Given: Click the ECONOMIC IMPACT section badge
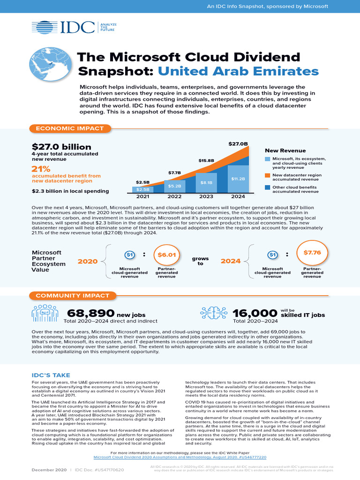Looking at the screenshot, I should click(x=70, y=128).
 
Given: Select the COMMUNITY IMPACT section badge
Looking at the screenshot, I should click(x=72, y=296).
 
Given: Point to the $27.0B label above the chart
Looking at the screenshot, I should click(x=237, y=143).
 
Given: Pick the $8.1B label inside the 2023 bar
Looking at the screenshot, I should click(x=206, y=182).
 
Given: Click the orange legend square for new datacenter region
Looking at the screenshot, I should click(x=267, y=176).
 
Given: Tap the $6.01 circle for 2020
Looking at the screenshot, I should click(x=166, y=255).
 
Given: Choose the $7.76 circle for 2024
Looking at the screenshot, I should click(x=312, y=253).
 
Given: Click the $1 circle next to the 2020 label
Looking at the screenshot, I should click(x=130, y=255).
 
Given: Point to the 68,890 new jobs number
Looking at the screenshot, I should click(x=90, y=313).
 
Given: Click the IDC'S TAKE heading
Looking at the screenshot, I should click(x=51, y=375).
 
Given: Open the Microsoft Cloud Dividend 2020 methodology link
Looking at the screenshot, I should click(x=180, y=457).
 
